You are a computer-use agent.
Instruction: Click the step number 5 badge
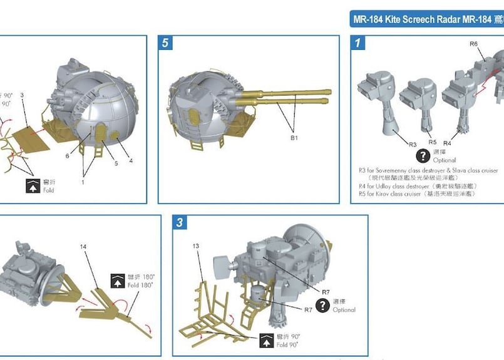[165, 43]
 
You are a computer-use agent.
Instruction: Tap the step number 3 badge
[180, 223]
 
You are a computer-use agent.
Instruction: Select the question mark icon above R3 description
[423, 155]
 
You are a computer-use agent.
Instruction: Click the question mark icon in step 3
[323, 305]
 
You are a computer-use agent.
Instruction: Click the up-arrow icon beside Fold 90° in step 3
[266, 340]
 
